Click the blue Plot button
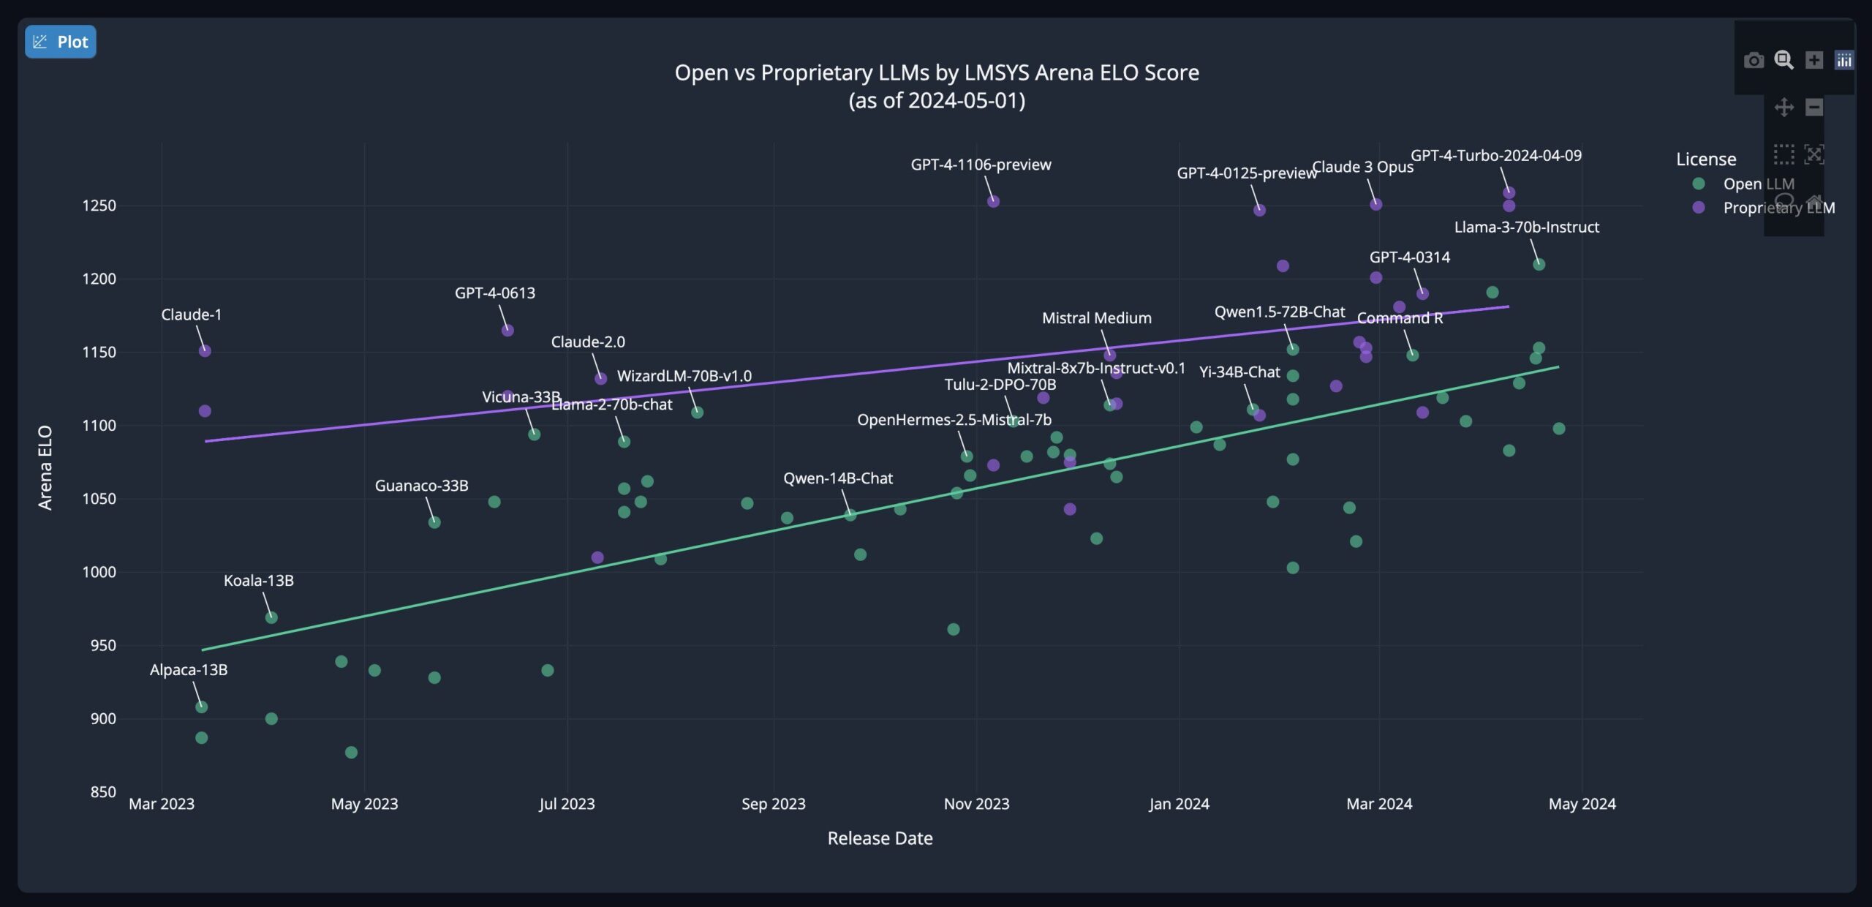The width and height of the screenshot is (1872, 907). (61, 42)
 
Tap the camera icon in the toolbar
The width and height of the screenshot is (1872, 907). (1754, 60)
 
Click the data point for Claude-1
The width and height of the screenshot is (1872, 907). (205, 351)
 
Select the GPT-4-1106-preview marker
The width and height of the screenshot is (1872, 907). (993, 202)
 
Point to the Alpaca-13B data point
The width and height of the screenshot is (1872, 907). (202, 707)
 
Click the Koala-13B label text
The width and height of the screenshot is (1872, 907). (258, 581)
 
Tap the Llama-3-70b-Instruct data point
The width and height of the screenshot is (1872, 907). (1539, 265)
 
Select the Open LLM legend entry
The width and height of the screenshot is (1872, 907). (1758, 184)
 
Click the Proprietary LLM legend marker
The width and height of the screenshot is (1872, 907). (1699, 208)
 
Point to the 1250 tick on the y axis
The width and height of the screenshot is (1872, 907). (99, 206)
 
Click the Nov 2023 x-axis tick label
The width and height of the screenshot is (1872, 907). (976, 804)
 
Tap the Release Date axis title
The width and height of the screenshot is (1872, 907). (880, 838)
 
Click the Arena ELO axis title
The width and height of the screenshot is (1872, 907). (45, 468)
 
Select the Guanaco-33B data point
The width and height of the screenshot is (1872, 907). (434, 522)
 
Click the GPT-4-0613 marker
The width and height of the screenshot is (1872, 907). (507, 331)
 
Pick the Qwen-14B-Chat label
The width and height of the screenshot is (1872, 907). (838, 478)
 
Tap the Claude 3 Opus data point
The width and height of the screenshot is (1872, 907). (1375, 205)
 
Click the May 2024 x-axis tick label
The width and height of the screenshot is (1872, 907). (1582, 804)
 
